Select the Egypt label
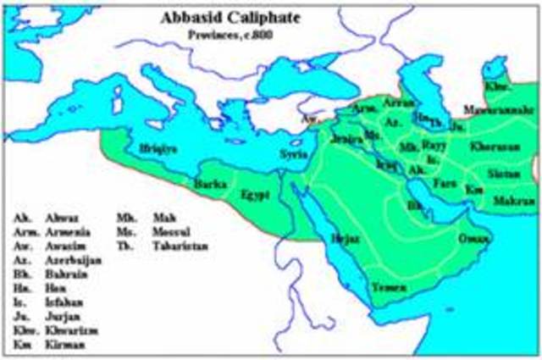pyautogui.click(x=253, y=193)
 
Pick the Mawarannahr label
pyautogui.click(x=497, y=110)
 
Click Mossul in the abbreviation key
pyautogui.click(x=173, y=231)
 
